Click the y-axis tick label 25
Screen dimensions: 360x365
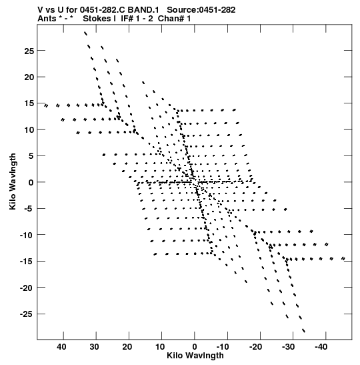coord(29,51)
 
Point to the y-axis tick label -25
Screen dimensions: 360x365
coord(27,314)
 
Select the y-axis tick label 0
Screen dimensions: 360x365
coord(31,182)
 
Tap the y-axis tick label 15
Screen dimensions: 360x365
coord(29,103)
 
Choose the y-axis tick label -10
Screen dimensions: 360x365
coord(27,235)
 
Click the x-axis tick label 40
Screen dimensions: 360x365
coord(61,347)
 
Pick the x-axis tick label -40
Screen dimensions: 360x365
coord(321,347)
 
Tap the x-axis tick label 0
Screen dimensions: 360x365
coord(195,347)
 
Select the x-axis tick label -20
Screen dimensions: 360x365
coord(255,347)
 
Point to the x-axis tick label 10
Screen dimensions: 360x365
coord(160,347)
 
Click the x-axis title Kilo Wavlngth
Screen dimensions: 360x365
coord(195,356)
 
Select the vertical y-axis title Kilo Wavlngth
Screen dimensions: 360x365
coord(13,181)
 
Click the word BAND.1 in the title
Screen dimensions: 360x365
coord(143,10)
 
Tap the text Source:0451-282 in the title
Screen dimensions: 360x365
coord(201,10)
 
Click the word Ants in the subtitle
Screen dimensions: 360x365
coord(47,19)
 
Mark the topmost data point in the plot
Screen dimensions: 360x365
coord(85,33)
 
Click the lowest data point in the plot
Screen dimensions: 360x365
coord(303,330)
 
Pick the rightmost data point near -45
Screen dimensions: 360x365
coord(343,258)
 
